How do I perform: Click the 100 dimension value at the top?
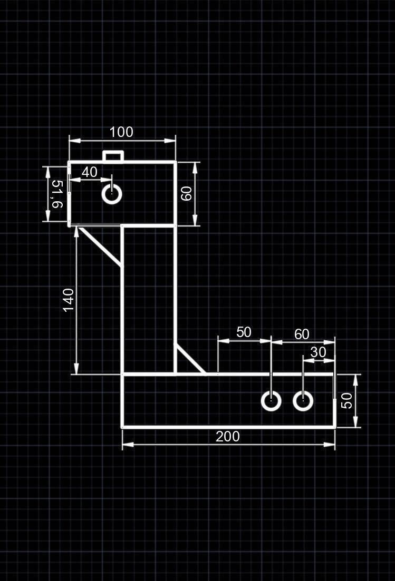[x=121, y=132]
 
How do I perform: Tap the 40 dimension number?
[x=90, y=172]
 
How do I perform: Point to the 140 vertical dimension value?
[x=69, y=300]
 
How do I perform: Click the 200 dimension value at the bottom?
[x=228, y=436]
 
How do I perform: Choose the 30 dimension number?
[x=319, y=352]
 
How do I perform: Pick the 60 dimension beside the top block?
[x=186, y=193]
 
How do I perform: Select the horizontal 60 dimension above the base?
[x=302, y=334]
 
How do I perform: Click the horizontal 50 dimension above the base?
[x=244, y=332]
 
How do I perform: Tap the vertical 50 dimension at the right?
[x=346, y=400]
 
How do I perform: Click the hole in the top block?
[x=112, y=194]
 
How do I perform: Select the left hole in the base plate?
[x=271, y=401]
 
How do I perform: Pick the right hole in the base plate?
[x=303, y=401]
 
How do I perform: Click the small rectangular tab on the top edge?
[x=113, y=156]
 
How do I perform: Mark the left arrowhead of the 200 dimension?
[x=127, y=445]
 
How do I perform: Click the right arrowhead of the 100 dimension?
[x=171, y=140]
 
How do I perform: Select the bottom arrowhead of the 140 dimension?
[x=77, y=369]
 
